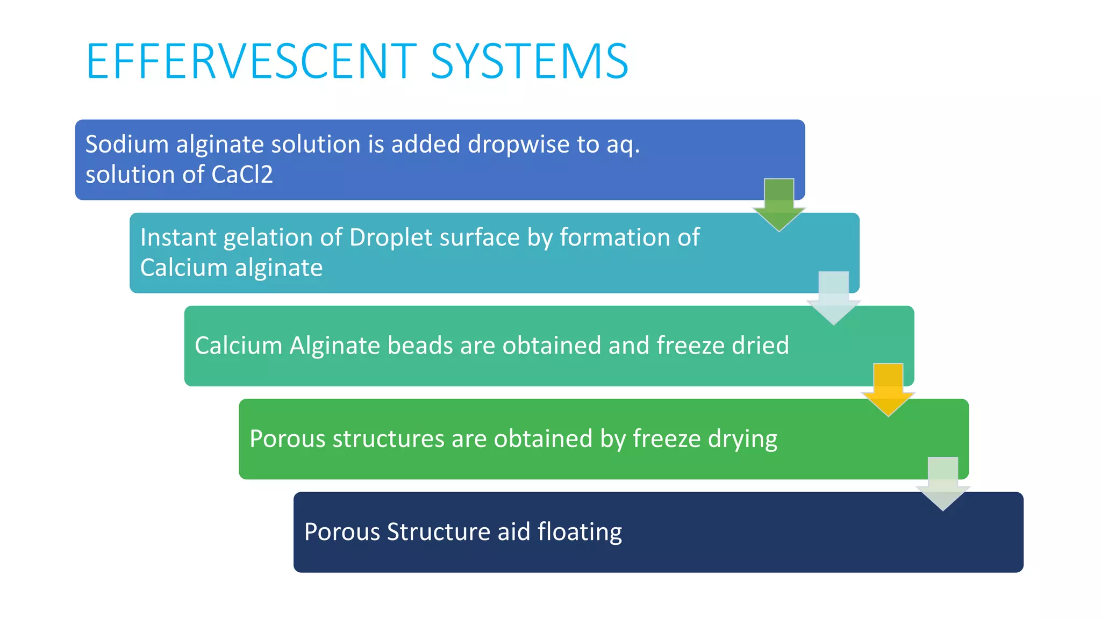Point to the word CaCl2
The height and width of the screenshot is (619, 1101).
click(x=242, y=175)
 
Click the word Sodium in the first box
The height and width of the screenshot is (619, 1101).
click(x=127, y=145)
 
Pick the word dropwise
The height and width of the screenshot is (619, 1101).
click(x=518, y=145)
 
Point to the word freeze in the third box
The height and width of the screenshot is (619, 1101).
click(x=683, y=346)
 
